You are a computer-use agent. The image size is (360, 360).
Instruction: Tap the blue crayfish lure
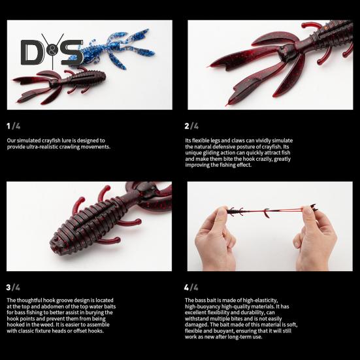(122, 46)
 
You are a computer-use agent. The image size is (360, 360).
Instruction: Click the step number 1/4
(13, 125)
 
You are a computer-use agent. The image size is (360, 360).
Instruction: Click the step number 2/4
(191, 125)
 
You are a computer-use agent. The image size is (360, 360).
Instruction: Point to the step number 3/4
(13, 287)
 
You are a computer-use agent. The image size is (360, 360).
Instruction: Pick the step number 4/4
(191, 287)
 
